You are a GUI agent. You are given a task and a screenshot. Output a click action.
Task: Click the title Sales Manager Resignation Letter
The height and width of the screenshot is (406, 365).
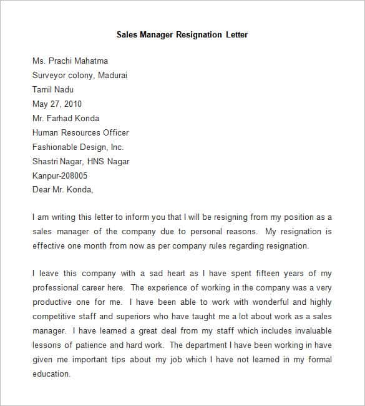pyautogui.click(x=182, y=34)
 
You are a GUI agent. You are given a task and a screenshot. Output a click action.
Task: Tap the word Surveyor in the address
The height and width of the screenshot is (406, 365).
pyautogui.click(x=51, y=75)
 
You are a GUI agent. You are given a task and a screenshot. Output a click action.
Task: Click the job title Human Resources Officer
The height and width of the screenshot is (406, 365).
pyautogui.click(x=80, y=132)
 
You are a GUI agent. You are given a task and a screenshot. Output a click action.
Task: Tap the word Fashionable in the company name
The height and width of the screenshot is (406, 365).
pyautogui.click(x=56, y=147)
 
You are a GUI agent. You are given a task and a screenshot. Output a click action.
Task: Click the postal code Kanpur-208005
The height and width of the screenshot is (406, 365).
pyautogui.click(x=61, y=176)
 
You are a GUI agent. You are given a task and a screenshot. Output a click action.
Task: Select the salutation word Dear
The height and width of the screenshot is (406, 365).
pyautogui.click(x=41, y=190)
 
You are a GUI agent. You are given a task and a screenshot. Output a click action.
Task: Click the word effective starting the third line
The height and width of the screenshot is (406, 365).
pyautogui.click(x=50, y=245)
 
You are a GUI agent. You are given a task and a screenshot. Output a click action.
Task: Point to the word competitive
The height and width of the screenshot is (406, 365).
pyautogui.click(x=54, y=317)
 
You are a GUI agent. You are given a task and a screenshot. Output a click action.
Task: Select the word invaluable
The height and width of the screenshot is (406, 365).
pyautogui.click(x=309, y=331)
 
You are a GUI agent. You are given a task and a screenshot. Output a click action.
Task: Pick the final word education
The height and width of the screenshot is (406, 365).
pyautogui.click(x=51, y=374)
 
